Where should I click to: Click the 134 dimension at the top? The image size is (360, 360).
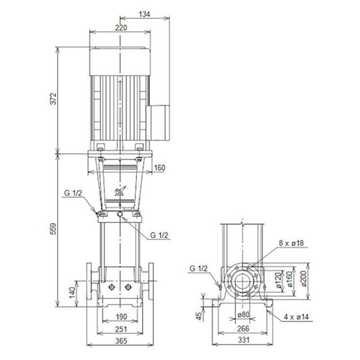pos(145,14)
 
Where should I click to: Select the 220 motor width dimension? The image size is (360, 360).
pos(120,28)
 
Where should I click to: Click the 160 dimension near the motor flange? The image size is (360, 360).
pos(159,168)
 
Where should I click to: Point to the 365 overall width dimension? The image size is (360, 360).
pos(120,341)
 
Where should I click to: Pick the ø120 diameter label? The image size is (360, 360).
pos(279,281)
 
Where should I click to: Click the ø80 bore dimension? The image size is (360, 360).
pos(243,315)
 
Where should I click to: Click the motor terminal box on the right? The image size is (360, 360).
pos(160,123)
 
